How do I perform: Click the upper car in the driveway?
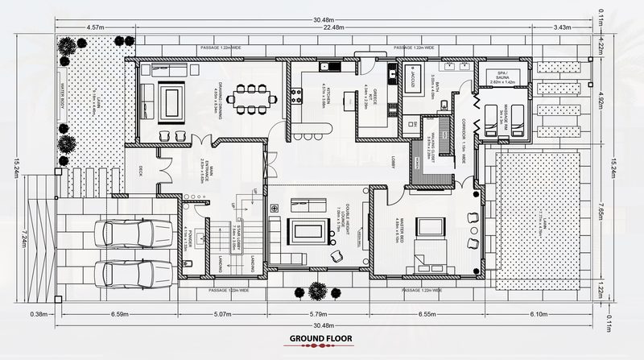click(125, 233)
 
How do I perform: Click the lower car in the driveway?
click(125, 272)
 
